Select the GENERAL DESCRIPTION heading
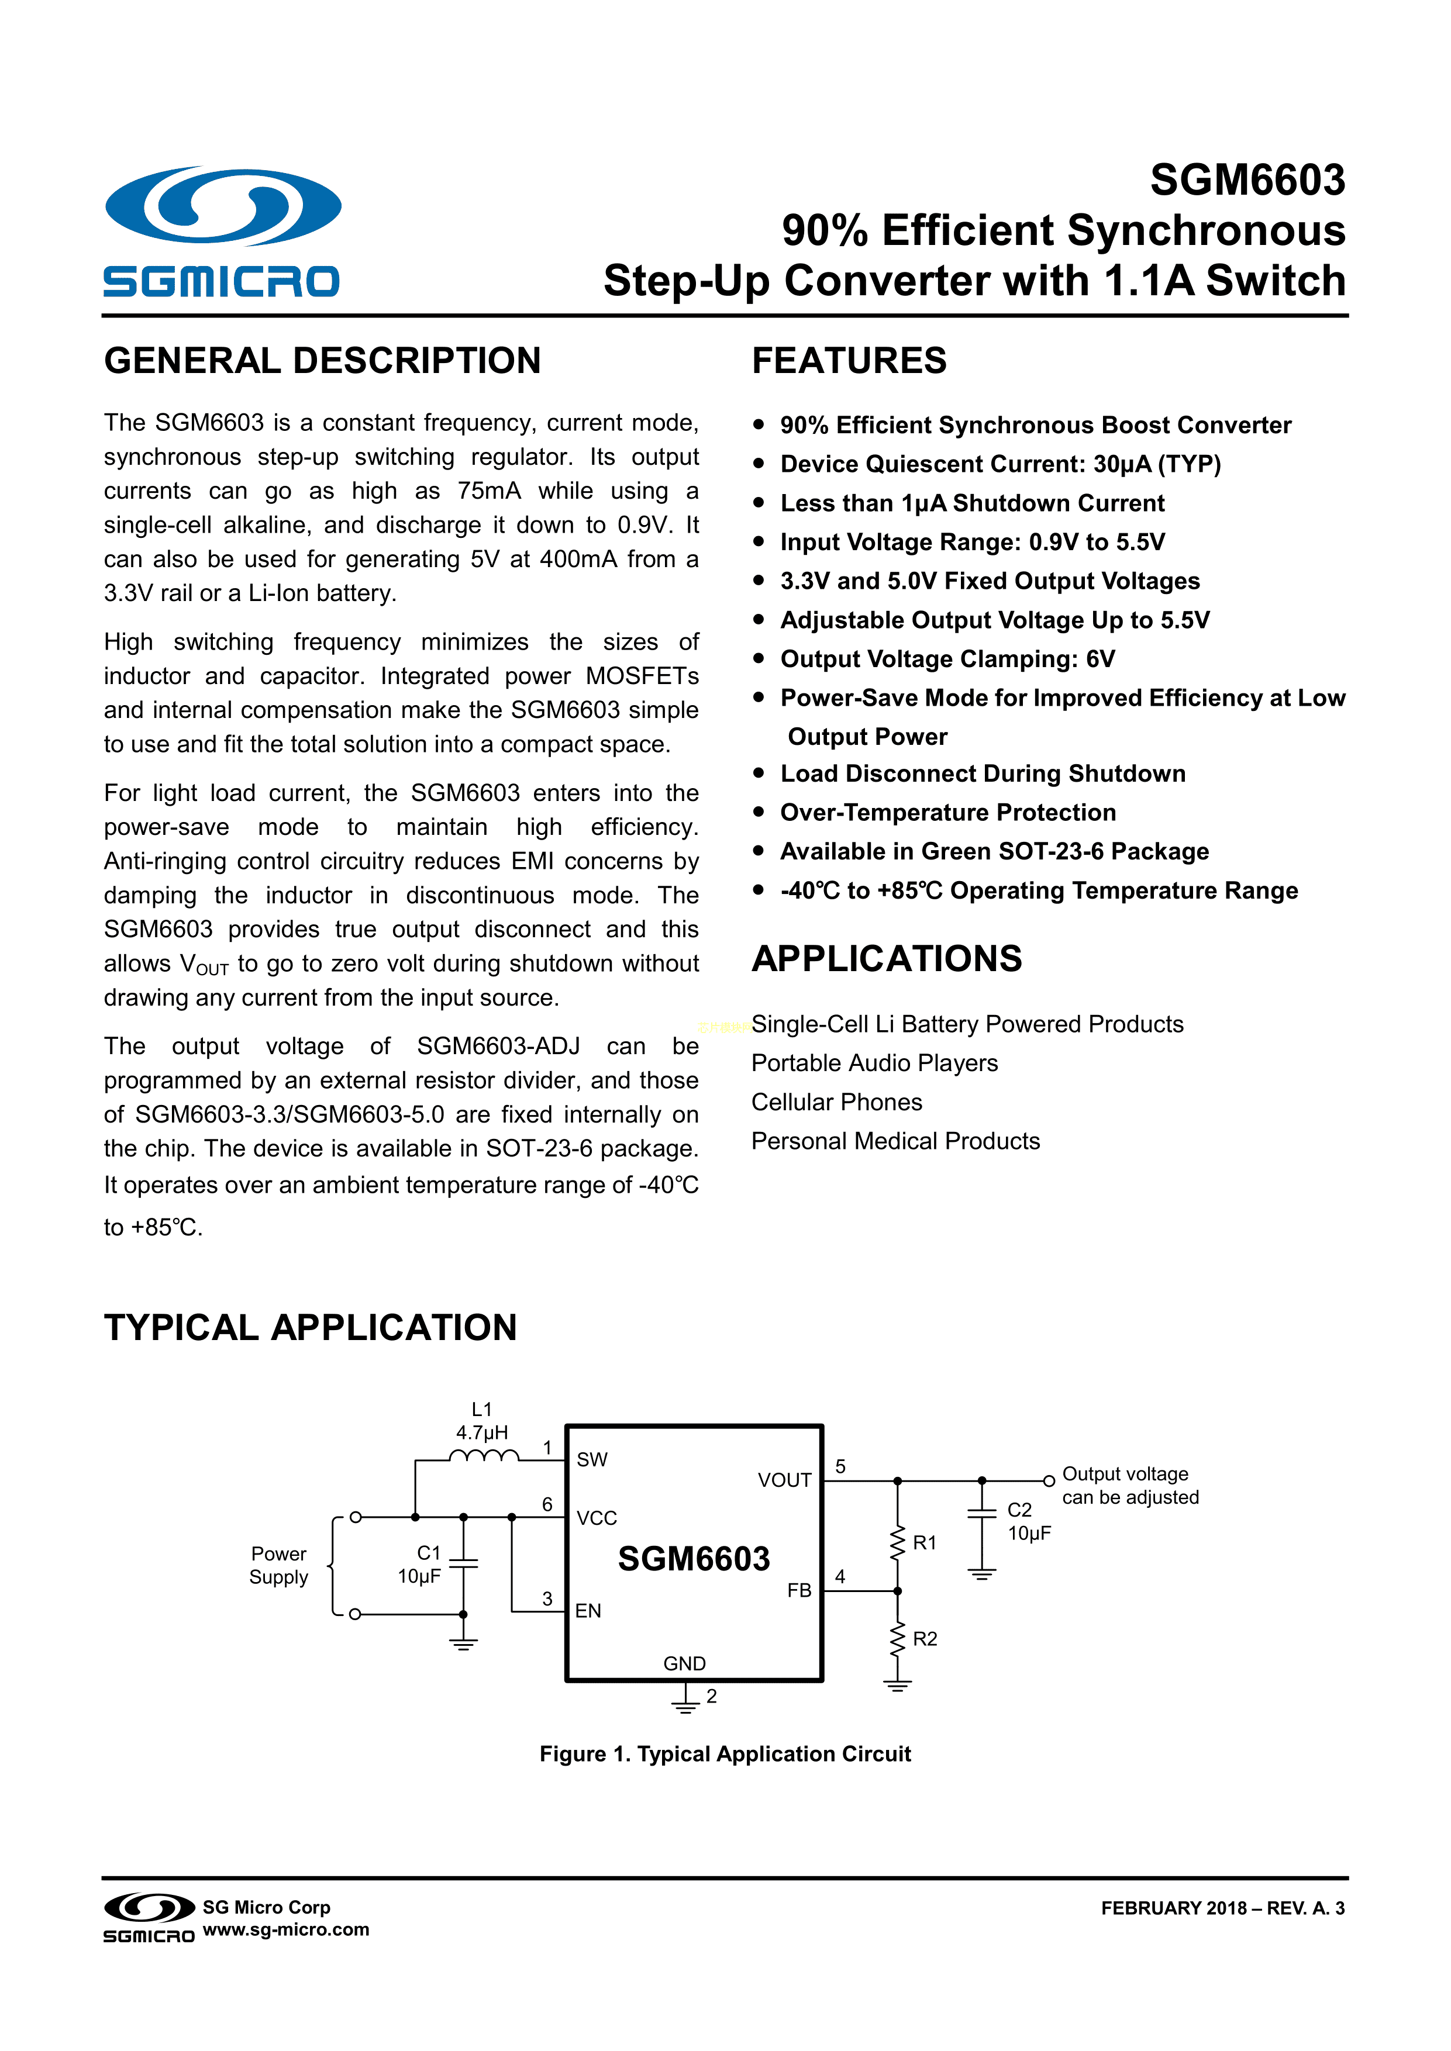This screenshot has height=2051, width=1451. click(x=323, y=361)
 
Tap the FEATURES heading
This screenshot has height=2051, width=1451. click(x=849, y=361)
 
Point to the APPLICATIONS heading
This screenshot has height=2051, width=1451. click(x=886, y=958)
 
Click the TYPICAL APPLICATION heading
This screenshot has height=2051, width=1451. click(x=310, y=1327)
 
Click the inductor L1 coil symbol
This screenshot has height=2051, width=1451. click(x=483, y=1457)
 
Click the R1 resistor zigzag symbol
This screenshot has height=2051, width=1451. click(x=897, y=1543)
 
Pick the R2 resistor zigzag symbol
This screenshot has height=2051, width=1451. click(x=897, y=1639)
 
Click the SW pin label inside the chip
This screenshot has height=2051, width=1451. click(x=591, y=1460)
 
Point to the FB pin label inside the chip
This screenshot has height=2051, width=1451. click(x=799, y=1590)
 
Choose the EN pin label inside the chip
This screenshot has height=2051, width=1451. click(x=588, y=1611)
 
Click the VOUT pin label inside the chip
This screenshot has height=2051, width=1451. click(x=784, y=1480)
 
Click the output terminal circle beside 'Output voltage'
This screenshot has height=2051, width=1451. click(x=1049, y=1480)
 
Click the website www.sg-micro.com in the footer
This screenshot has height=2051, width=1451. click(x=286, y=1929)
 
